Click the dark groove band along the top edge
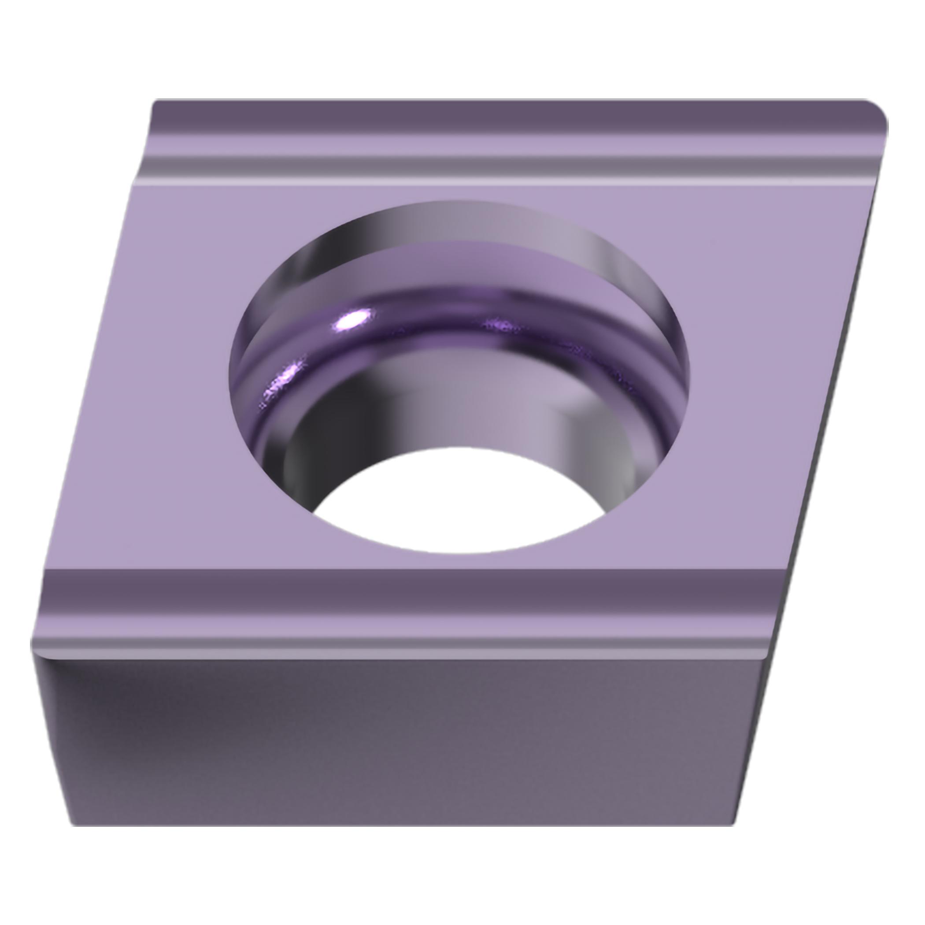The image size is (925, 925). click(x=479, y=117)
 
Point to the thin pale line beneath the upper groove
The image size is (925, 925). click(x=479, y=183)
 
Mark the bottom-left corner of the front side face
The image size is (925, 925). click(x=73, y=825)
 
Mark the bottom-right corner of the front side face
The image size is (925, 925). click(x=733, y=825)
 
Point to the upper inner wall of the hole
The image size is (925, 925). click(x=459, y=225)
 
